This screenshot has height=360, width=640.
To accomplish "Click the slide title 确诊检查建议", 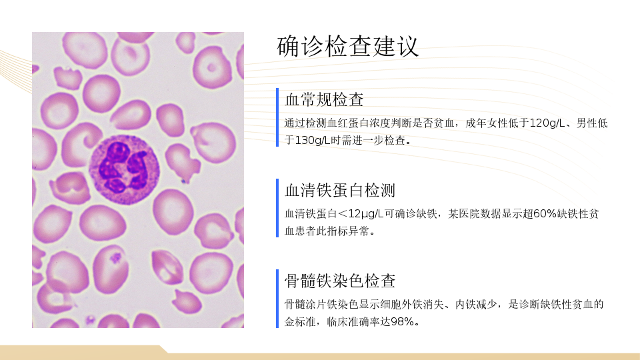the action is click(x=347, y=47).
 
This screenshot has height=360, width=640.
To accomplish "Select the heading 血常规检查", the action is click(x=324, y=99).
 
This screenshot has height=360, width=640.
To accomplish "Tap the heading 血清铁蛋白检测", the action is click(x=340, y=190).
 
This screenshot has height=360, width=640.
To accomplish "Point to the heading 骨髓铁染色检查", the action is click(x=340, y=281).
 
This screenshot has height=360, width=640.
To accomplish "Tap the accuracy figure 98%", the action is click(x=403, y=321).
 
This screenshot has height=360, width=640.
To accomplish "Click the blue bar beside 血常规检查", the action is click(x=277, y=117).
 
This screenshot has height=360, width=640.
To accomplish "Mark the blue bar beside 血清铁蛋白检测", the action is click(x=277, y=208).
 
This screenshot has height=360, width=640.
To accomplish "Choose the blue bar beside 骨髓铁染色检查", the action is click(x=277, y=299).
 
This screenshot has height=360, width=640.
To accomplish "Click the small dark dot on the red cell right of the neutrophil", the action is click(x=184, y=181).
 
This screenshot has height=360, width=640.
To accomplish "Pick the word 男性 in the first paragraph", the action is click(x=587, y=123).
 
